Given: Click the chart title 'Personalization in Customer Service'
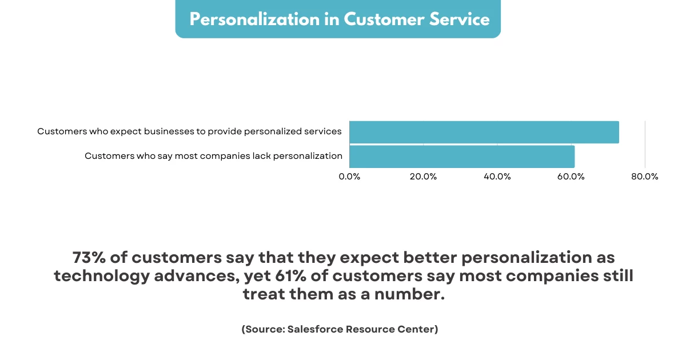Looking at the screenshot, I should tap(339, 19).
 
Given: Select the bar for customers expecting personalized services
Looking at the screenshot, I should tap(484, 132).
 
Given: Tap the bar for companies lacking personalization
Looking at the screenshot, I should tap(461, 157).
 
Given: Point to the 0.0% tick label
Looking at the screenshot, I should tap(349, 177).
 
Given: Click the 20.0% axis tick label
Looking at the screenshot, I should tap(423, 177).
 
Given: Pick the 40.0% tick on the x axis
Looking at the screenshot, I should tap(497, 177).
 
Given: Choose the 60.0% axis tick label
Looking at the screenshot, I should tap(571, 177).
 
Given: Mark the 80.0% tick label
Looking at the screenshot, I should tap(645, 177).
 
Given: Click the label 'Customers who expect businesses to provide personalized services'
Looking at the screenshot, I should tap(189, 131).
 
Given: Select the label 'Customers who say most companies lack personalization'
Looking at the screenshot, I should tap(213, 156).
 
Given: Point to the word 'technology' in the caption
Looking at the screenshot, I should tap(100, 277).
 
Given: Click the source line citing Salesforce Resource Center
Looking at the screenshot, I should tap(340, 329).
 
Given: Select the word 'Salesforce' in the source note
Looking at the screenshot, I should tap(316, 329).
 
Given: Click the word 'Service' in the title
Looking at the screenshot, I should tap(461, 19).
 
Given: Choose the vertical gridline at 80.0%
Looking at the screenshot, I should tap(645, 143).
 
